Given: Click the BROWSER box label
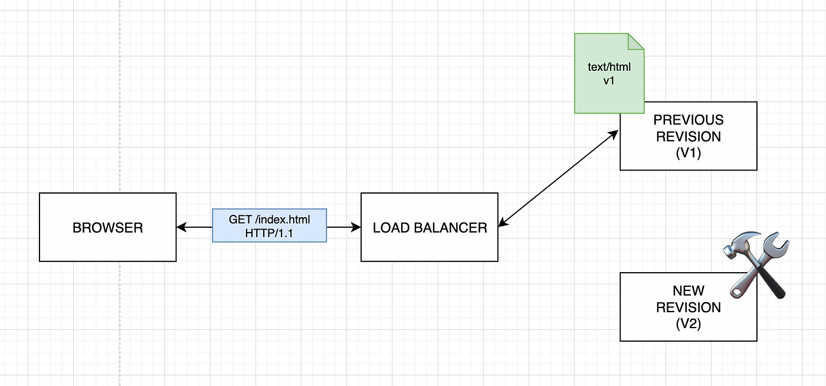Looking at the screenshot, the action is pos(107,228).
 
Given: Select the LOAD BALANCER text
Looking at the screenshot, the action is pos(430,228).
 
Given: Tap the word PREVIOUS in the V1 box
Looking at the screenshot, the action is pos(689,120).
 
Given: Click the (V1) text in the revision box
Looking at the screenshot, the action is pos(689,152).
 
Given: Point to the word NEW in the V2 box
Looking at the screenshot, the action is pos(689,291).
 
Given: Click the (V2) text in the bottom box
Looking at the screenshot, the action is pos(689,323).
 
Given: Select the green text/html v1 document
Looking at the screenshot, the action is pos(609,73).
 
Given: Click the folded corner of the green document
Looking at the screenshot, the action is pos(636,41).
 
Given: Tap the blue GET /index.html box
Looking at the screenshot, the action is pos(269,225).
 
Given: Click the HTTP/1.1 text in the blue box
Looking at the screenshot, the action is pos(269,233).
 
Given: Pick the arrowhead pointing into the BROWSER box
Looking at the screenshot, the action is pos(182,227).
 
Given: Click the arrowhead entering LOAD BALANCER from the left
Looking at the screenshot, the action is pos(356,227).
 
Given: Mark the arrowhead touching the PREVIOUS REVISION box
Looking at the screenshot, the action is pos(613,135).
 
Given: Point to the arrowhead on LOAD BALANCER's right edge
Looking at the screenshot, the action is pos(503,222).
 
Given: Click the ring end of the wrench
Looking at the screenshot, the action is pos(737,292).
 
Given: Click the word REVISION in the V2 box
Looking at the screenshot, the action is pos(689,308).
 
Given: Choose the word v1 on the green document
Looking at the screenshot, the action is pos(609,80).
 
